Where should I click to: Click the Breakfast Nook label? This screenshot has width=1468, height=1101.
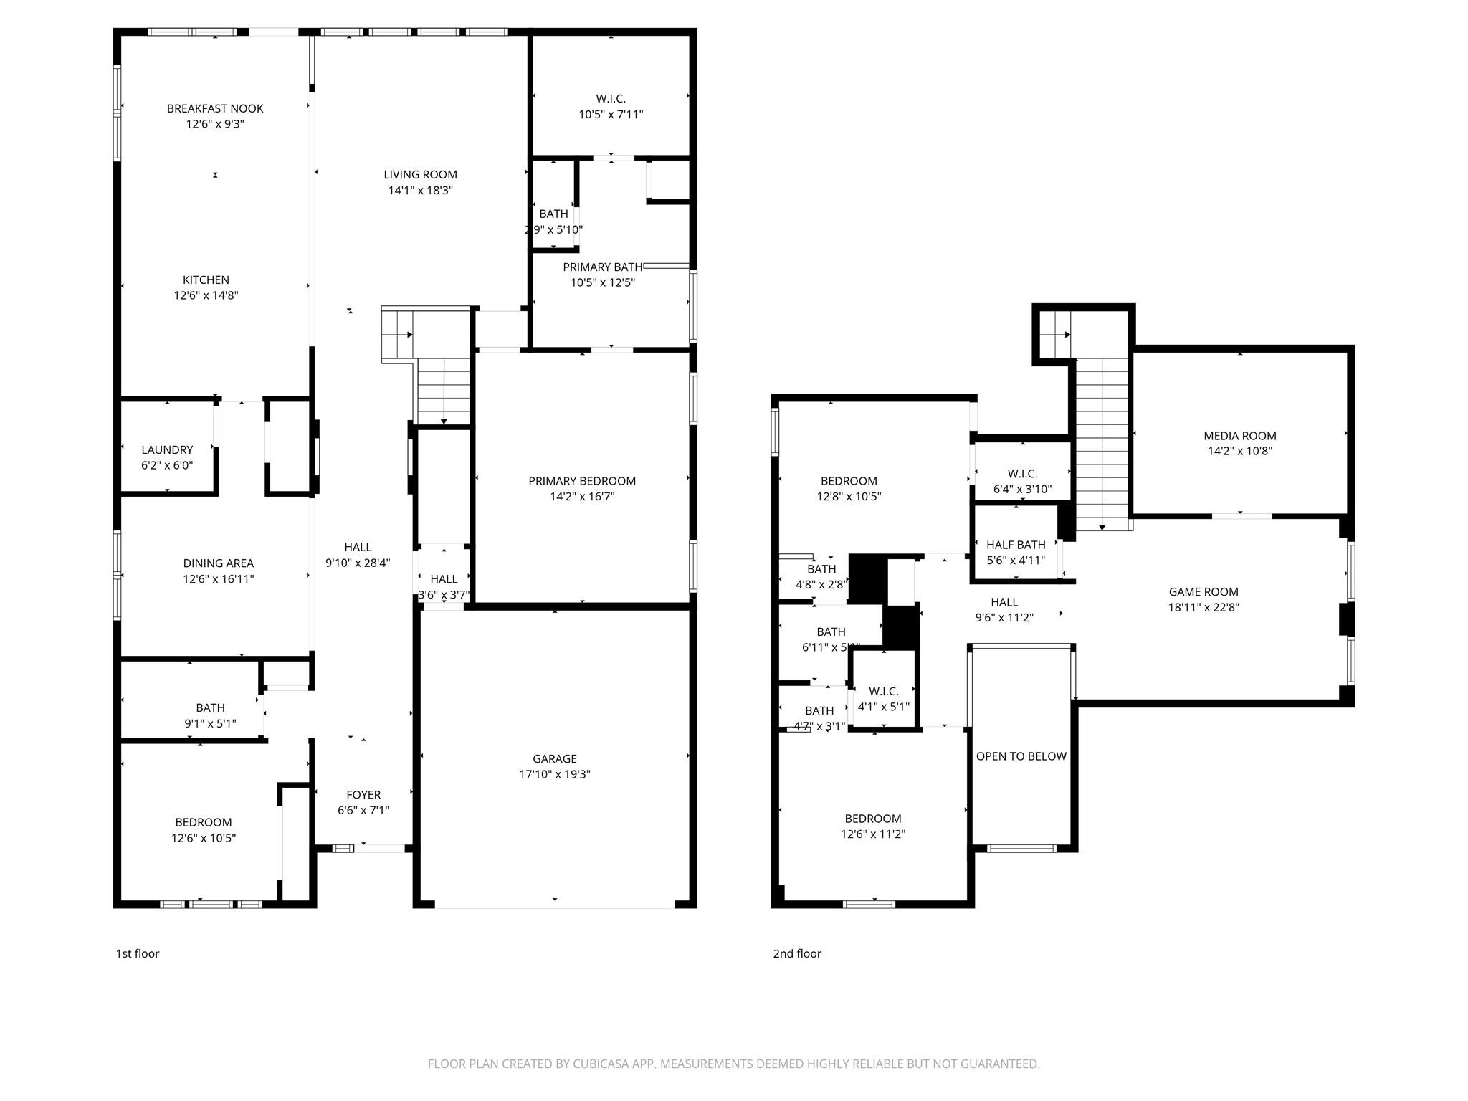click(x=215, y=108)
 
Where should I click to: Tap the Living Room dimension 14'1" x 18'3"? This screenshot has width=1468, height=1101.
click(x=420, y=190)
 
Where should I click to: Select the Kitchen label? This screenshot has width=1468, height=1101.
click(x=206, y=280)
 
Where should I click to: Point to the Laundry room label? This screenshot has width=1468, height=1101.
click(x=167, y=449)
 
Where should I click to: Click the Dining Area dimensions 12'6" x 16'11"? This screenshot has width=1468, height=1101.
click(x=218, y=578)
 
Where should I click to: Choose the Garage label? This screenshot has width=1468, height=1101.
click(x=554, y=758)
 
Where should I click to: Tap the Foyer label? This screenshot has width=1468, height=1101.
click(x=363, y=794)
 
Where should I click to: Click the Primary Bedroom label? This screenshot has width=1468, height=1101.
click(x=582, y=480)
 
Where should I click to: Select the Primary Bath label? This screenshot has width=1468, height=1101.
click(x=602, y=267)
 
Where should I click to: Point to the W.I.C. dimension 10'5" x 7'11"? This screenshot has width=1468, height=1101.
click(x=611, y=114)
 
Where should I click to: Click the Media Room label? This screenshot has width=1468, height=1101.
click(x=1239, y=435)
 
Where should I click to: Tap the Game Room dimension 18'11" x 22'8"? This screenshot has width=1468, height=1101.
click(x=1204, y=607)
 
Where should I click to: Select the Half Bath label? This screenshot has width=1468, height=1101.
click(x=1016, y=545)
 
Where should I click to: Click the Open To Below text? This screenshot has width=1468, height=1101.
click(x=1021, y=756)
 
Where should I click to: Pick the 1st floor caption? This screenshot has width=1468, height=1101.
click(x=138, y=953)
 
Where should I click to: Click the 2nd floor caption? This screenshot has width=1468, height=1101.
click(x=796, y=953)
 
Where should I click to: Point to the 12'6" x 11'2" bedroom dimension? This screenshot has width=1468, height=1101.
click(x=872, y=834)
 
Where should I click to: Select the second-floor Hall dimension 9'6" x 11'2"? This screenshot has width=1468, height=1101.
click(x=1004, y=617)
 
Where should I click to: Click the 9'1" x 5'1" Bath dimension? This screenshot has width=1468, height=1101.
click(x=210, y=723)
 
